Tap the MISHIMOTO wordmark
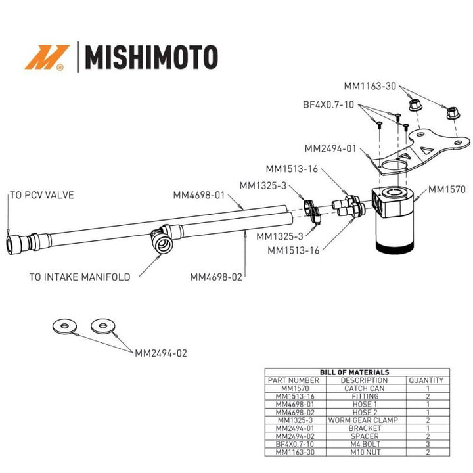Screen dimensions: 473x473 (148, 57)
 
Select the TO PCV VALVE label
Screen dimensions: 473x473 (41, 195)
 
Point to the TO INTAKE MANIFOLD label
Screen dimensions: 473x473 (79, 277)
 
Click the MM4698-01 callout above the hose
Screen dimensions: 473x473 (199, 195)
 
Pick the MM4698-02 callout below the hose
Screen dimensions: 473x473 (216, 277)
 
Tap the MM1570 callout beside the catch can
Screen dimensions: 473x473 (447, 190)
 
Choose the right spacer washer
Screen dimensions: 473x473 (102, 325)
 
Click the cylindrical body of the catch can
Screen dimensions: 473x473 (394, 233)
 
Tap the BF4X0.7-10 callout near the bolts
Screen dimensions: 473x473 (328, 104)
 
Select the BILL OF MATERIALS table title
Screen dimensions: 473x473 (354, 372)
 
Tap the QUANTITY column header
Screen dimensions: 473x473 (425, 380)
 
